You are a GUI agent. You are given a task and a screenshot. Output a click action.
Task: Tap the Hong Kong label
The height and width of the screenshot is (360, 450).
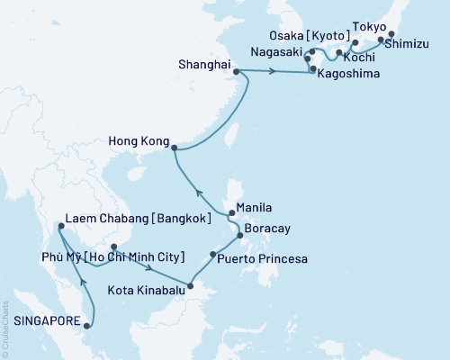[137, 141]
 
